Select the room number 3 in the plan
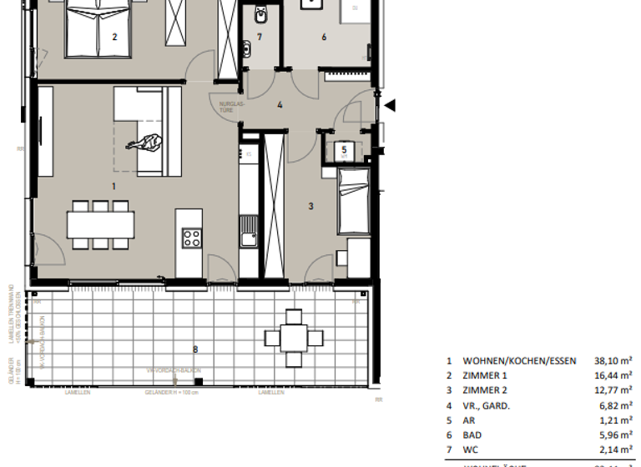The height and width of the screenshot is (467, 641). pyautogui.click(x=310, y=206)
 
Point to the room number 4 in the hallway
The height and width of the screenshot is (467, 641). pyautogui.click(x=280, y=105)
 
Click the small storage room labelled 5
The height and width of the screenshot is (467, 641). pyautogui.click(x=344, y=151)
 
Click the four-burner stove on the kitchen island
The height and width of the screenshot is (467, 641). pyautogui.click(x=191, y=239)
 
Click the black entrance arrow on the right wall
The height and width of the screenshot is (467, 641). pyautogui.click(x=391, y=105)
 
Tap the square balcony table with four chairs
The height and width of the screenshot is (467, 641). pyautogui.click(x=293, y=338)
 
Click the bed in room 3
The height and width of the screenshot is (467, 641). pyautogui.click(x=352, y=200)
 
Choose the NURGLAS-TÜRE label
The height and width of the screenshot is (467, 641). pyautogui.click(x=231, y=107)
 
